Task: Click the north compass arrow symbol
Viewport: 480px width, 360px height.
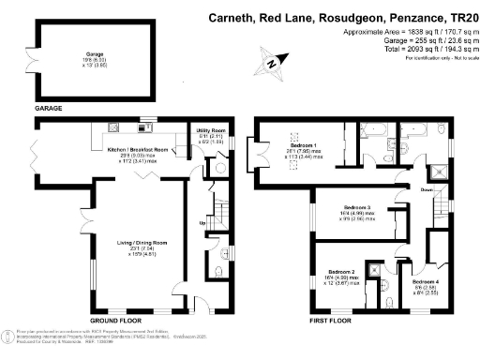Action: [x=271, y=64]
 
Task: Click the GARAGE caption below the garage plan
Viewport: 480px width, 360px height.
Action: [x=50, y=110]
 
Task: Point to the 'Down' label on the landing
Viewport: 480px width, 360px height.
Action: [x=427, y=190]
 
